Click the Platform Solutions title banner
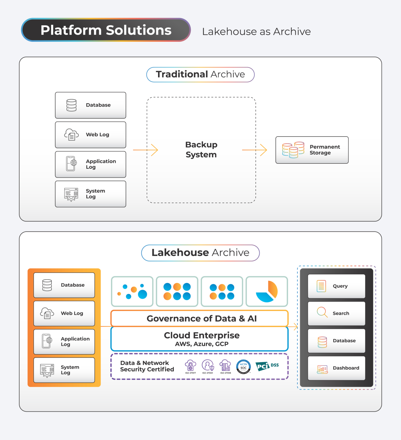[106, 30]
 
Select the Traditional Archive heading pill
[200, 75]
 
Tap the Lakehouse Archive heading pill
[200, 253]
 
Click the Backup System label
[201, 150]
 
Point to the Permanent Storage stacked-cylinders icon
[293, 150]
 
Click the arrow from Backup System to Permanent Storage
[255, 150]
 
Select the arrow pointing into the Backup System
[145, 150]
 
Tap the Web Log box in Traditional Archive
[91, 135]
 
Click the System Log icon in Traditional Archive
[71, 194]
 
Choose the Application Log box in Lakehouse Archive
[64, 342]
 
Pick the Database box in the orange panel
[64, 285]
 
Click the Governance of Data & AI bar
[199, 318]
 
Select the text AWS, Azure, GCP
[202, 344]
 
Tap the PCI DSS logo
[267, 366]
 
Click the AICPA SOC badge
[243, 367]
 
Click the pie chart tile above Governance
[267, 291]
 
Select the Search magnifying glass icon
[322, 312]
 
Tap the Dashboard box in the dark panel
[337, 368]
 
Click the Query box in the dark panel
[337, 286]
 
